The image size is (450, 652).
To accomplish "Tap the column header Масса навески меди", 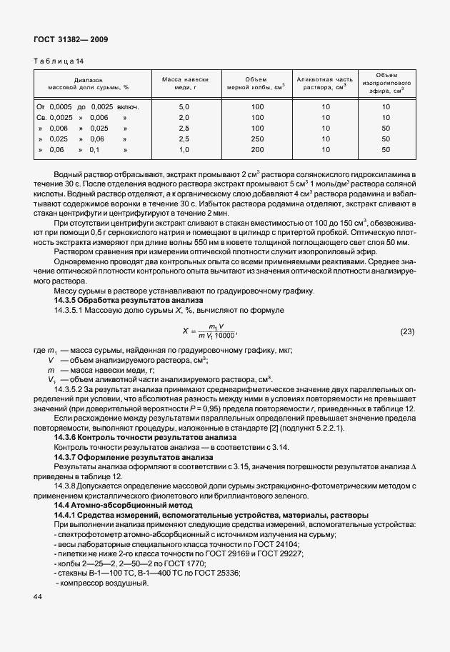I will click(x=184, y=84).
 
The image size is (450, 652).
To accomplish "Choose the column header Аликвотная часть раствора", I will click(x=325, y=84).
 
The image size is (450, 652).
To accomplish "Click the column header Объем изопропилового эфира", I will click(x=386, y=83).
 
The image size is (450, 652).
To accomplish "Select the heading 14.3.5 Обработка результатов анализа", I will click(x=120, y=301).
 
